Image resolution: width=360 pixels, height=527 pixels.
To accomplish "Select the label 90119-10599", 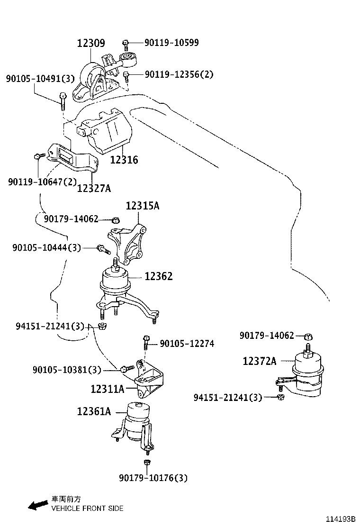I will (x=165, y=43).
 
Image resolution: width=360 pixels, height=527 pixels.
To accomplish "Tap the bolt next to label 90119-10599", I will (x=126, y=44).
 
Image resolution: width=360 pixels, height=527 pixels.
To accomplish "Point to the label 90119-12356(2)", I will (x=179, y=74).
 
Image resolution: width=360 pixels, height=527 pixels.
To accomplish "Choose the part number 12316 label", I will (x=124, y=160).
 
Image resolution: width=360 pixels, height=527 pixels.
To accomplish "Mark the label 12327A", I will (x=94, y=189).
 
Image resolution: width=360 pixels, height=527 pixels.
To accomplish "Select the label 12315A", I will (x=142, y=206).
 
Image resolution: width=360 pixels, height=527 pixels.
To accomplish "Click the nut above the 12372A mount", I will (x=307, y=336).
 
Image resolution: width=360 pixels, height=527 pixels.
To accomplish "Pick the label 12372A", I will (x=259, y=361).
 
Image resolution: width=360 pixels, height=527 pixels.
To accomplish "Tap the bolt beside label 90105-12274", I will (x=146, y=340).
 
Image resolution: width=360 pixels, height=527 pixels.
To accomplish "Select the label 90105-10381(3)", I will (x=67, y=370).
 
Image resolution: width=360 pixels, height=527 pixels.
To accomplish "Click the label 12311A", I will (x=108, y=389).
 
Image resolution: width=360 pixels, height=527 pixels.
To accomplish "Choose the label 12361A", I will (x=94, y=412).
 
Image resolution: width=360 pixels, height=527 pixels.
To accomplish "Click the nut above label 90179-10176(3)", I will (x=147, y=462).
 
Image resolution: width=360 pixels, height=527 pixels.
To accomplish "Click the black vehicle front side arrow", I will (x=38, y=505).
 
